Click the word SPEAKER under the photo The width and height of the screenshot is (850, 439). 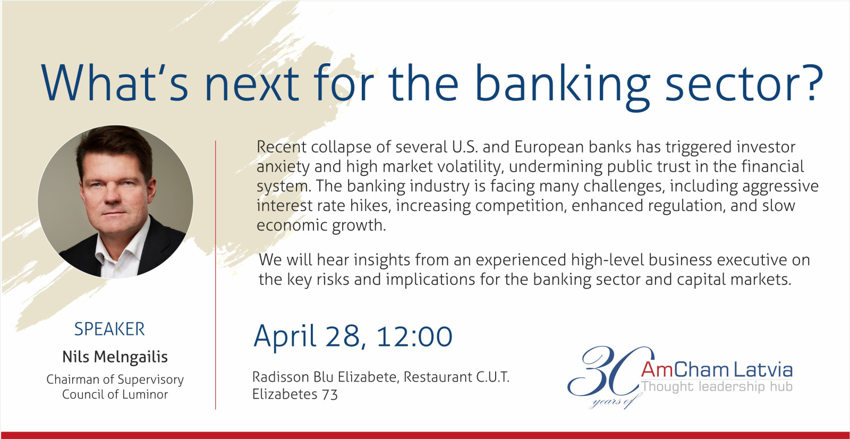tap(109, 329)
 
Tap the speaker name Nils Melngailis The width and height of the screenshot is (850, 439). tap(115, 357)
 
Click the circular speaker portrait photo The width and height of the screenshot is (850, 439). tap(115, 201)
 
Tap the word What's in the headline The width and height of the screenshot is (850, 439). tap(115, 83)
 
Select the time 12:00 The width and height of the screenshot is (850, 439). tap(414, 336)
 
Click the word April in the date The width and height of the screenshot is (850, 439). tap(285, 337)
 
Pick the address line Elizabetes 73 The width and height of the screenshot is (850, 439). tap(295, 394)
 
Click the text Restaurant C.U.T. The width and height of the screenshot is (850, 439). tap(456, 377)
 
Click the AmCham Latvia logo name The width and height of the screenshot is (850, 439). tap(717, 369)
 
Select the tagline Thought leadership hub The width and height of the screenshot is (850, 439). tap(717, 386)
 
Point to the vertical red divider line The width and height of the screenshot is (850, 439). tap(216, 275)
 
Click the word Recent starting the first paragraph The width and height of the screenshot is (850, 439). tap(281, 147)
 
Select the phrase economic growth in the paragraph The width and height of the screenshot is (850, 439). tap(321, 225)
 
